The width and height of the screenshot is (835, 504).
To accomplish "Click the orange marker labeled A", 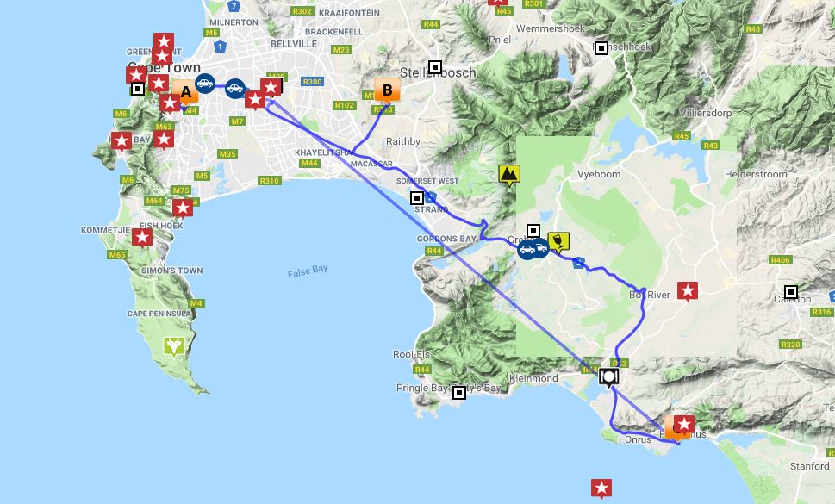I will [x=184, y=92].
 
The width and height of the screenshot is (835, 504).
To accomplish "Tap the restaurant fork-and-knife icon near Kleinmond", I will [x=609, y=376].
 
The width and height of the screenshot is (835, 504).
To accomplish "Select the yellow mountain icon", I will [x=509, y=175].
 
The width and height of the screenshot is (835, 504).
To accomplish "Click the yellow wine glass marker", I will [x=558, y=241].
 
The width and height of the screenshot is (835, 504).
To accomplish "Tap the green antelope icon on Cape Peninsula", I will [x=175, y=346].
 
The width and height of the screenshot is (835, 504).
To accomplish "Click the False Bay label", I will [x=308, y=271].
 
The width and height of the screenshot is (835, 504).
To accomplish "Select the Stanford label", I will [x=809, y=466].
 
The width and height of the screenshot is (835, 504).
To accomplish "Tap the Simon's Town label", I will [x=172, y=271].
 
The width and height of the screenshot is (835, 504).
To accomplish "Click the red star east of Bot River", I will [x=688, y=291].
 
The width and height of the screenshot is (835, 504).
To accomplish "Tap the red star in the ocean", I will [x=601, y=488].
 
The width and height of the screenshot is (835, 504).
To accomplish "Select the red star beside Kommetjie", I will [x=142, y=236].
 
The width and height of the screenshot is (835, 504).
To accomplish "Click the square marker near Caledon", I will [x=791, y=292].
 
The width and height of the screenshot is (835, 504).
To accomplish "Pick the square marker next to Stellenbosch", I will [x=436, y=67].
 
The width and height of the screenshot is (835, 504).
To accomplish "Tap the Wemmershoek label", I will [x=550, y=28].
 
